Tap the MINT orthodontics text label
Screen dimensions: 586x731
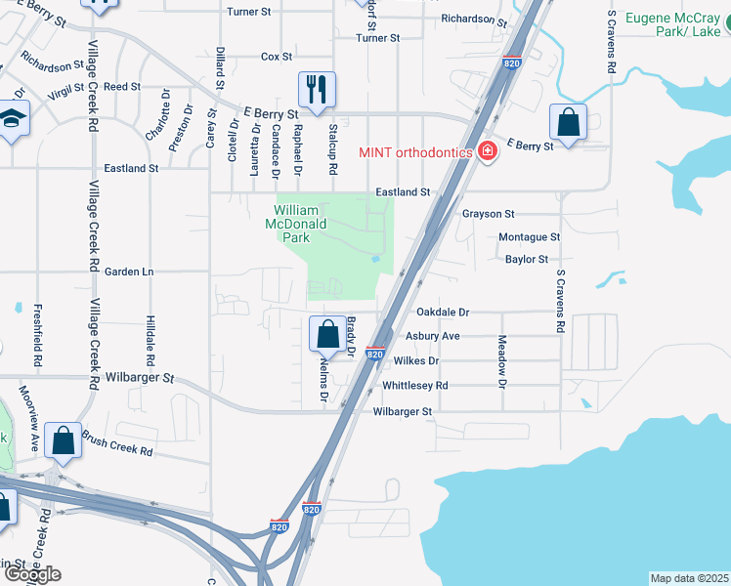click(415, 151)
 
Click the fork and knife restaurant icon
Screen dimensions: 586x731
click(317, 90)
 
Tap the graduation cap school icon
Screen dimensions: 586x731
click(12, 120)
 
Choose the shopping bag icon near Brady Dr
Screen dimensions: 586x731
click(328, 335)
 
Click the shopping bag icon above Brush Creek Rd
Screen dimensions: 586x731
click(64, 440)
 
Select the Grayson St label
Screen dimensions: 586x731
click(488, 214)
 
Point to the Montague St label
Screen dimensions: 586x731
click(529, 237)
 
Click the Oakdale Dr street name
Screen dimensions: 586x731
click(443, 313)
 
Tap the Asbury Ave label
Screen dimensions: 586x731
click(437, 336)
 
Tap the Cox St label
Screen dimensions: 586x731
click(277, 57)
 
